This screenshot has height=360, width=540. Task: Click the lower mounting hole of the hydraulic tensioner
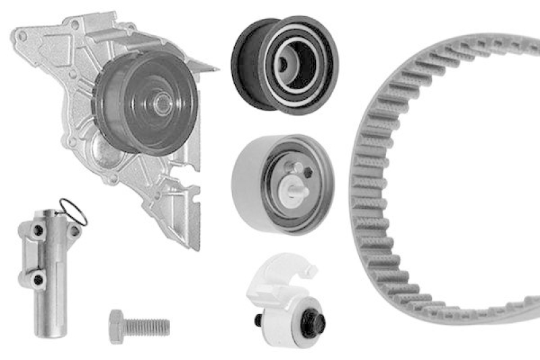(x=39, y=277)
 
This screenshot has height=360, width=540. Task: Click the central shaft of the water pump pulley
(x=162, y=103)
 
